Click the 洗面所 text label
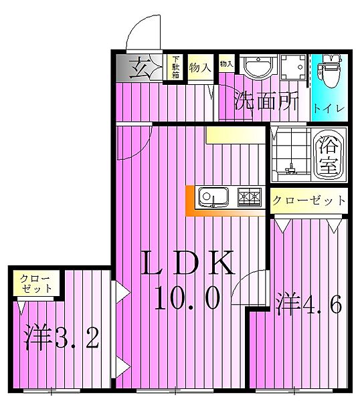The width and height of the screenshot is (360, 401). coord(266,101)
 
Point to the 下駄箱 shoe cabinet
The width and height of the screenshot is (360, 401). coord(175,68)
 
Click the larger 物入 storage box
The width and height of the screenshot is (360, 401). coord(201,68)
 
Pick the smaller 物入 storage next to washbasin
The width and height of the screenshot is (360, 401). coord(227,63)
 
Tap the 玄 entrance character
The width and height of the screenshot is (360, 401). coord(141,68)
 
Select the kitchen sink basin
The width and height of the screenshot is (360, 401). coord(213,197)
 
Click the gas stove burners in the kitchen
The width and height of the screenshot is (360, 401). coord(250,197)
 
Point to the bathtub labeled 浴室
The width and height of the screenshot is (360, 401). coord(329,155)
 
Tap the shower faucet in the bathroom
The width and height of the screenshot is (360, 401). coord(290,169)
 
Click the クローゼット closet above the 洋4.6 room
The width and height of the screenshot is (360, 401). coord(309,200)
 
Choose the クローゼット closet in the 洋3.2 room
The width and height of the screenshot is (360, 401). coord(36,284)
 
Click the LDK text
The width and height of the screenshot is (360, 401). coord(188,263)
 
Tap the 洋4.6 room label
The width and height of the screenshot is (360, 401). coord(308,305)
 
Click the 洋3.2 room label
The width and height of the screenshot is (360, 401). coord(62,338)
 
